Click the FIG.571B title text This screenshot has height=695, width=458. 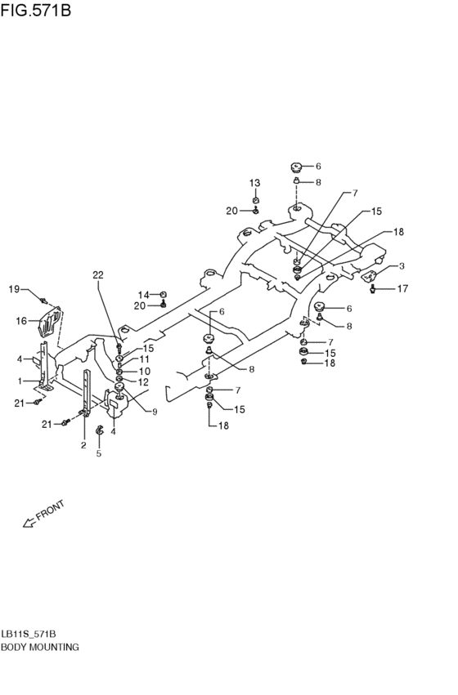[36, 10]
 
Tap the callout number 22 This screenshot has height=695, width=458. [98, 274]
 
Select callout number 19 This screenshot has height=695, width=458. [14, 289]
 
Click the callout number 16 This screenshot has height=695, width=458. [21, 320]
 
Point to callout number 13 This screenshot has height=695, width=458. [254, 183]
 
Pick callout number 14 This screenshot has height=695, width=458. [144, 295]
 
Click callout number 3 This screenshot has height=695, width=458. [402, 266]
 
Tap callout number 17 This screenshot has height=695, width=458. [402, 288]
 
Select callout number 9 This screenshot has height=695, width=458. [155, 412]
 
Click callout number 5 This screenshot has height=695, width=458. [98, 453]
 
